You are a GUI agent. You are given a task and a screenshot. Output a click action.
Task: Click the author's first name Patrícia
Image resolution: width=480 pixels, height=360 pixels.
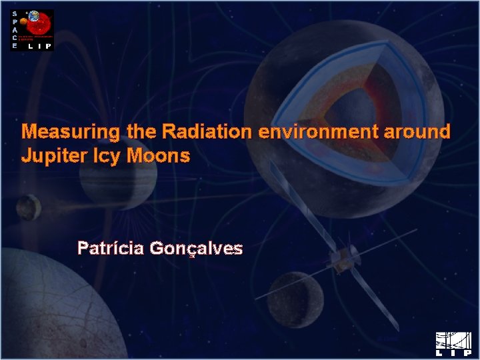click(111, 249)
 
